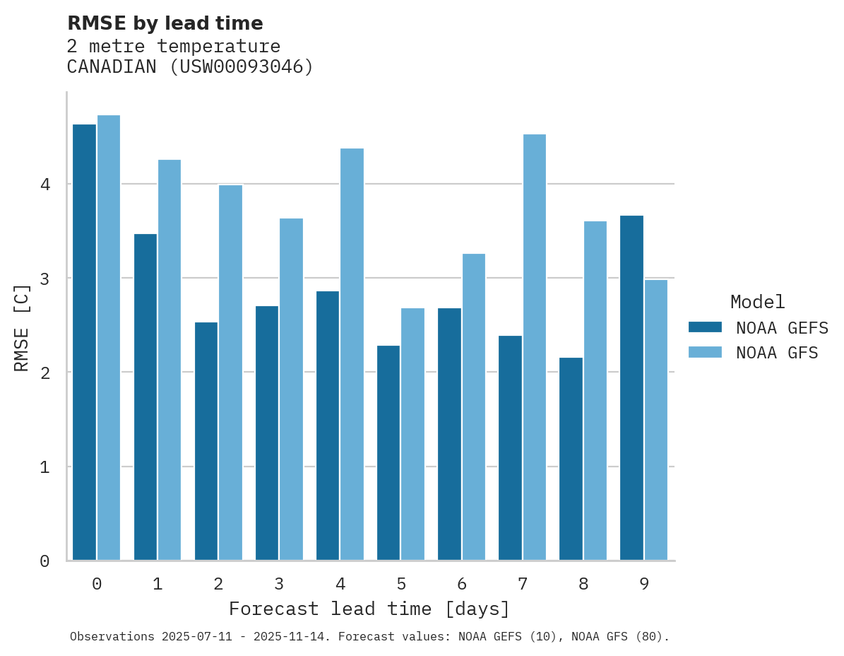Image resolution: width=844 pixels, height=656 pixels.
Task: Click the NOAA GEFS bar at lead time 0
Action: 84,342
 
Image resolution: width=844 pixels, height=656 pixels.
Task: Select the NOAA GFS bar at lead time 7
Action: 534,347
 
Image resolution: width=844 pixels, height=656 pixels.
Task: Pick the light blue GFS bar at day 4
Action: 352,354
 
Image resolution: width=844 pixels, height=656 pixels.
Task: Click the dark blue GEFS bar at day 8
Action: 571,459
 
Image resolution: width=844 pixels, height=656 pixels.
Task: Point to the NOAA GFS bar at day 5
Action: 412,434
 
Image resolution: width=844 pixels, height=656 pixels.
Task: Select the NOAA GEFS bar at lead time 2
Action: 206,441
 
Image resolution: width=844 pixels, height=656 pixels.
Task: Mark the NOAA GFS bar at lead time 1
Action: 170,360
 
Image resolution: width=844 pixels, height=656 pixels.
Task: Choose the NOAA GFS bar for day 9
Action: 655,420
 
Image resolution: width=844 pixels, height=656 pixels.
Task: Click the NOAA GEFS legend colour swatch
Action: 705,327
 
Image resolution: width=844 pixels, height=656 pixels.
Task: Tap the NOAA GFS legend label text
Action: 777,353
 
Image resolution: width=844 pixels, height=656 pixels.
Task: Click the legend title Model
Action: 757,302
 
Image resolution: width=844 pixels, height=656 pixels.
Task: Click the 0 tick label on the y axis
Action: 44,561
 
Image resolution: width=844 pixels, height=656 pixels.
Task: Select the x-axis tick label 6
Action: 462,584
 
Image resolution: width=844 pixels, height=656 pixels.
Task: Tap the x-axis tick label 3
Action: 279,584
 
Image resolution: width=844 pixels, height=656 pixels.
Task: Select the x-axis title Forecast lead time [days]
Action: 369,609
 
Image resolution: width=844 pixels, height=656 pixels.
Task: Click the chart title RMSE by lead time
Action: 165,23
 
